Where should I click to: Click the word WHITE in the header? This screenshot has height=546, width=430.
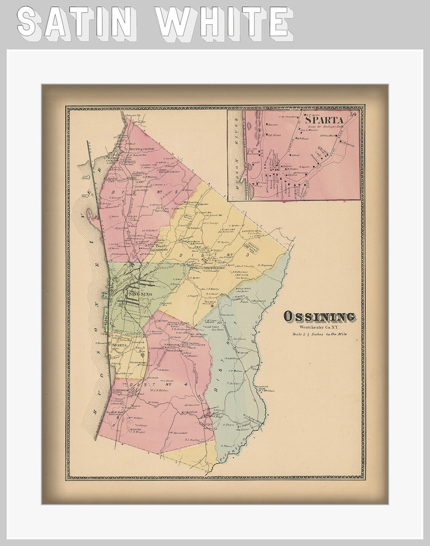(224, 24)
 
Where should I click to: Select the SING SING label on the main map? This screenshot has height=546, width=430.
(139, 294)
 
